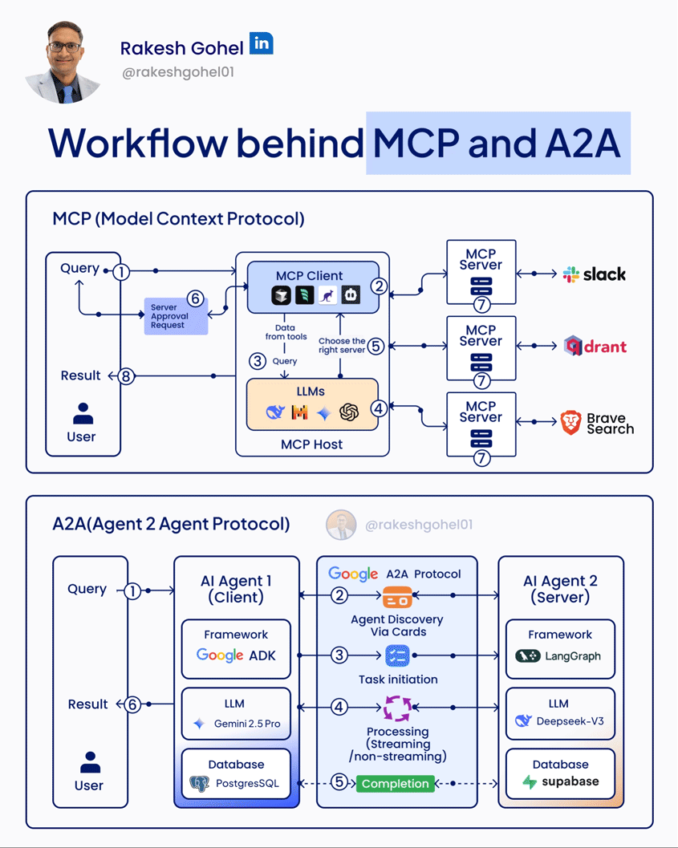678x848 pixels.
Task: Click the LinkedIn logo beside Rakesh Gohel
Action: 261,43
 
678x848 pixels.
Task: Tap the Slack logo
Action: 595,274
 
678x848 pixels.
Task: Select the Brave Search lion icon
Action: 570,423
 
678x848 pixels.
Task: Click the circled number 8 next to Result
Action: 126,375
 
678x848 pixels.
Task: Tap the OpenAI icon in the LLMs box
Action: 348,412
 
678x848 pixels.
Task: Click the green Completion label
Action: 395,783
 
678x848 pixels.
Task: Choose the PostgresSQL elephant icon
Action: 198,784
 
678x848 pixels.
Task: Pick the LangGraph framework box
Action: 559,646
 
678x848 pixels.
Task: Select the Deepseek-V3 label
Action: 570,721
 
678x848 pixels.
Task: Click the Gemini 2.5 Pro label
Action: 246,724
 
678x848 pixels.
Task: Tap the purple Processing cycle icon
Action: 397,708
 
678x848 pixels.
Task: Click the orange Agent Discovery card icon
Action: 397,598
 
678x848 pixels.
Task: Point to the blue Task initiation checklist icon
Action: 397,655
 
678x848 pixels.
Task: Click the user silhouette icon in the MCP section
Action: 82,414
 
